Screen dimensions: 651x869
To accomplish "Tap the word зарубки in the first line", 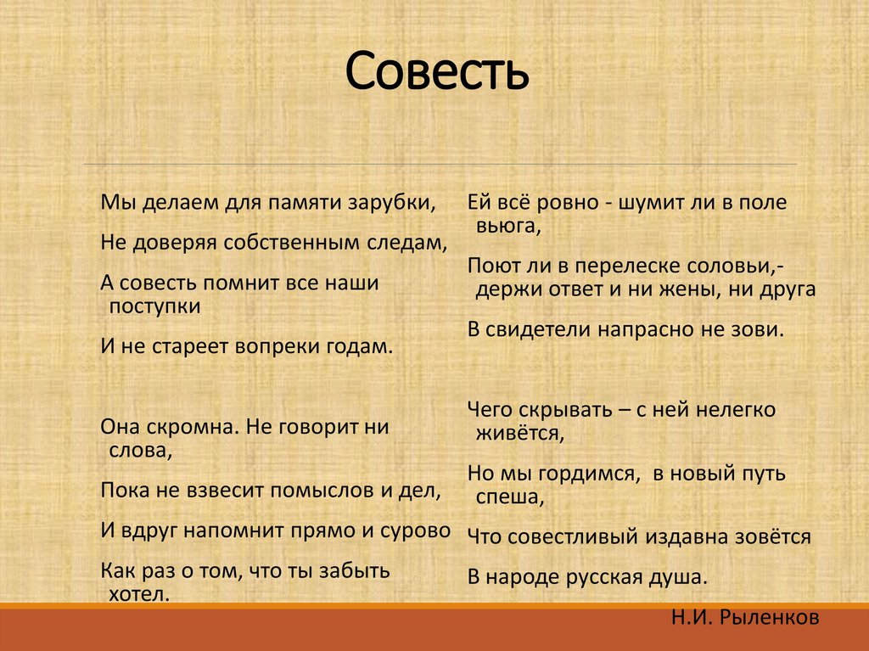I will [395, 204].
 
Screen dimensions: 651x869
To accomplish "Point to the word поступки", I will [155, 306].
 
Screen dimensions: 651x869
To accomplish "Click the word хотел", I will [140, 593].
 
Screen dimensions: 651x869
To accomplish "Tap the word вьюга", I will [507, 227].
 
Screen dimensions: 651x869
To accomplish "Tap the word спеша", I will [508, 497].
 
